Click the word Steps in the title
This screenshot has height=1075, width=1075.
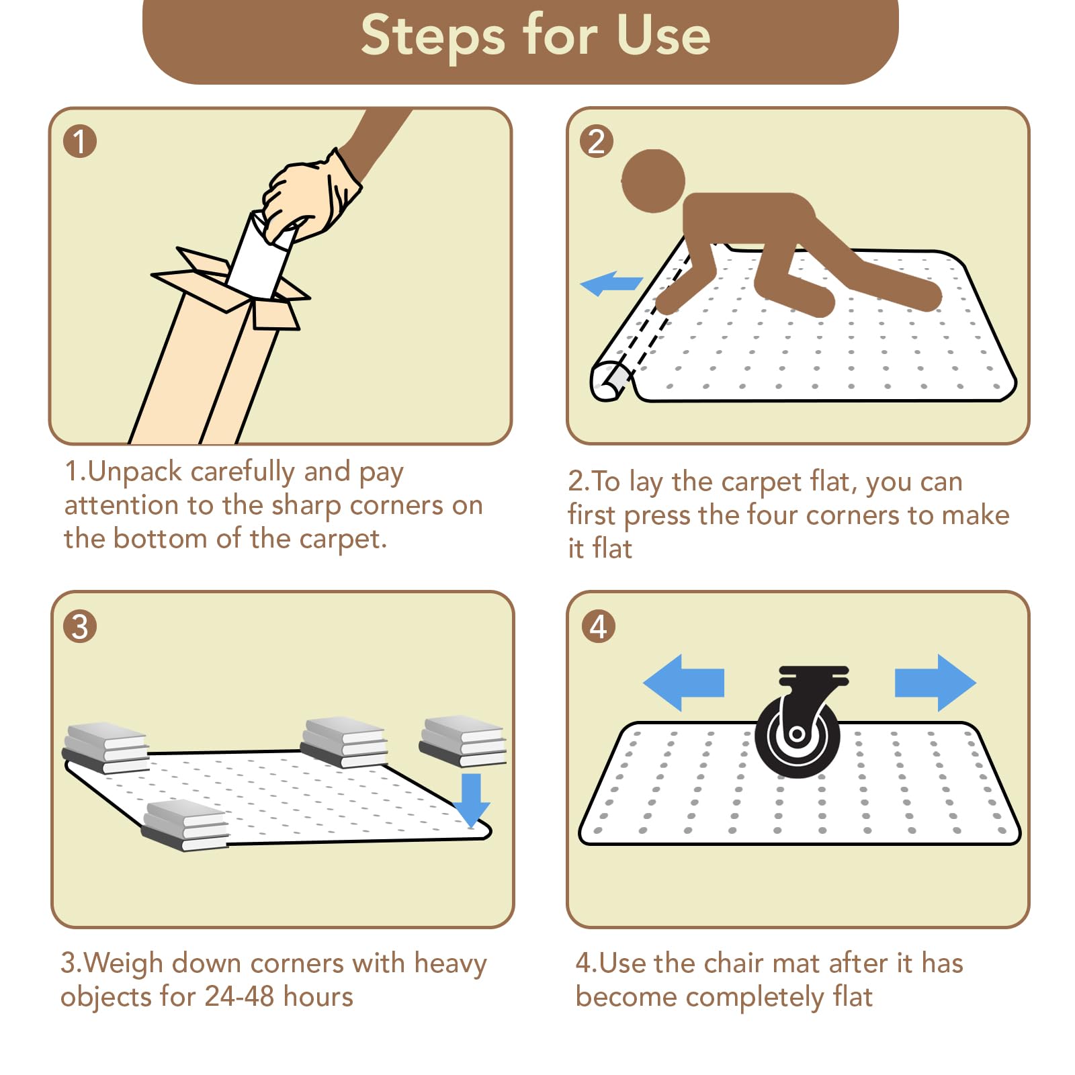[x=432, y=35]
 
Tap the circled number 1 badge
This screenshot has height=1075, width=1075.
[x=80, y=142]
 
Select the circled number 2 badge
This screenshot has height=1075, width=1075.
[x=597, y=142]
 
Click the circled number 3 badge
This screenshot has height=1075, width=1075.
[x=80, y=627]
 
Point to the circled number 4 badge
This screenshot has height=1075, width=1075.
[x=598, y=627]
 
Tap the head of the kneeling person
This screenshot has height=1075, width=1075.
[x=652, y=181]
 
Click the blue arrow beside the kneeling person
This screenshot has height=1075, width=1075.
[x=611, y=284]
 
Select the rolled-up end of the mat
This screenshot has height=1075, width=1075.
[x=610, y=382]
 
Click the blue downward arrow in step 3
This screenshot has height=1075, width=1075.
[x=471, y=800]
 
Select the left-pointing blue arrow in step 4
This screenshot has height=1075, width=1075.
[x=683, y=683]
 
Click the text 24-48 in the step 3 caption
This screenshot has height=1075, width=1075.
[x=240, y=996]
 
